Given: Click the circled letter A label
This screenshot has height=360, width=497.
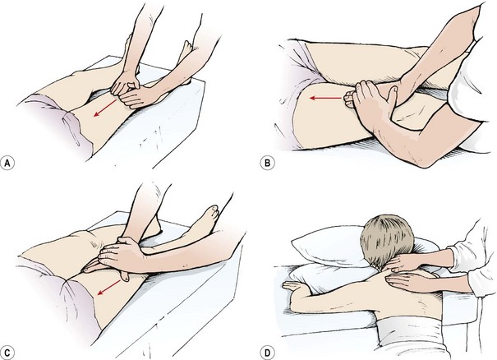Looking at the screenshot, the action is pyautogui.click(x=7, y=163).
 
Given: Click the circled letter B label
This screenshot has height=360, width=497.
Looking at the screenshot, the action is pyautogui.click(x=268, y=163).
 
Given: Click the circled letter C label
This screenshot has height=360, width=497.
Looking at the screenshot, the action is pyautogui.click(x=7, y=353).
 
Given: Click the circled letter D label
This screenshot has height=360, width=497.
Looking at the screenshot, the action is pyautogui.click(x=268, y=353).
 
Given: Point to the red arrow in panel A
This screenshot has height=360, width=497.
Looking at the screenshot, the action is pyautogui.click(x=105, y=108).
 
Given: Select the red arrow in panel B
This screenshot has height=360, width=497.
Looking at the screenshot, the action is pyautogui.click(x=326, y=98).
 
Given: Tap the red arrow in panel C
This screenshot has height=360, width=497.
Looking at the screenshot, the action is pyautogui.click(x=109, y=288).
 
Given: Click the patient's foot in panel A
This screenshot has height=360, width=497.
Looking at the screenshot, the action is pyautogui.click(x=186, y=53).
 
